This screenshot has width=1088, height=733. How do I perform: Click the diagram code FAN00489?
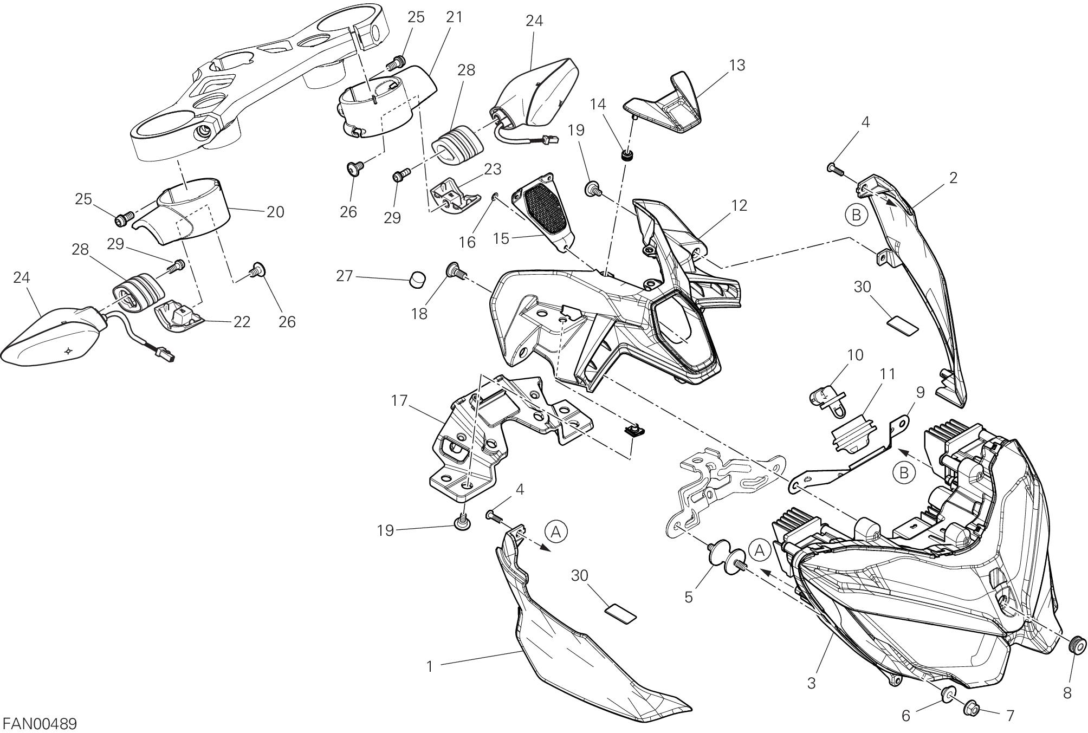tap(40, 723)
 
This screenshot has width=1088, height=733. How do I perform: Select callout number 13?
tap(737, 65)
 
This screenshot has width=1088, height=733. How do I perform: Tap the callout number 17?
tap(399, 401)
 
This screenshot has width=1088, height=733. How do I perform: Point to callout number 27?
tap(345, 276)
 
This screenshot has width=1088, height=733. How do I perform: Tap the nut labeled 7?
tap(971, 707)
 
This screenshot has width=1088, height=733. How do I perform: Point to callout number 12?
tap(739, 205)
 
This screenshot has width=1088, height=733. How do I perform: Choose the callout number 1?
tap(430, 666)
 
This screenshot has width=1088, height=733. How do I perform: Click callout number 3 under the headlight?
tap(811, 683)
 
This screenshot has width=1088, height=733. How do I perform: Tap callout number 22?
tap(242, 322)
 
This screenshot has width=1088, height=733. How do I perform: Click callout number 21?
tap(455, 17)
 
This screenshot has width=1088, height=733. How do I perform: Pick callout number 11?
tap(888, 374)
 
